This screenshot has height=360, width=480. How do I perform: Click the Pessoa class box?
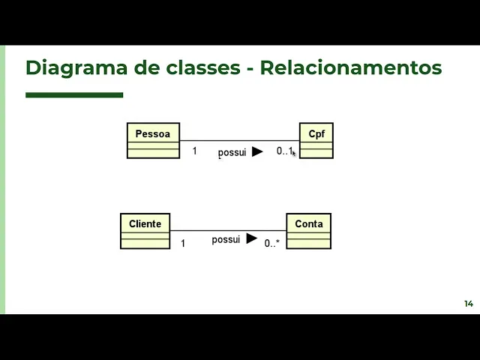point(153,140)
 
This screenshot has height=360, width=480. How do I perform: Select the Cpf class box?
point(316,140)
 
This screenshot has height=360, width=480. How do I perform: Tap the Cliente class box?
point(145,230)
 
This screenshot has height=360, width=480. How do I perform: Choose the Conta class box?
point(308,230)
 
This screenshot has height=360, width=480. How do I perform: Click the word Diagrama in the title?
point(67,68)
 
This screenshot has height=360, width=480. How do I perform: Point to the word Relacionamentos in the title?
point(351,68)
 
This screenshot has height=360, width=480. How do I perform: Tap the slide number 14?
point(469,304)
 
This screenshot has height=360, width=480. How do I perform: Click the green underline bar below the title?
point(74,95)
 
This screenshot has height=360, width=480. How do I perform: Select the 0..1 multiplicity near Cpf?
point(284,151)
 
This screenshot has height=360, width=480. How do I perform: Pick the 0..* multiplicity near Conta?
point(271,243)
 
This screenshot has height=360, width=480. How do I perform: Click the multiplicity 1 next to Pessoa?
point(194,151)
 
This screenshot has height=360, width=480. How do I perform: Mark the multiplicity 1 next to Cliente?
point(183,243)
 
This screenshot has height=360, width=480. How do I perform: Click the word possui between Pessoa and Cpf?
point(232,152)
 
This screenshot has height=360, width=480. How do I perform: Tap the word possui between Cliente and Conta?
point(226,239)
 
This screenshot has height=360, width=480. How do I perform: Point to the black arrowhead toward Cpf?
point(257,151)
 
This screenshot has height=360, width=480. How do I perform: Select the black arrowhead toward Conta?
point(251,238)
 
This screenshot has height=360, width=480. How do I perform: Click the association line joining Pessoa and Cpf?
point(240,140)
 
